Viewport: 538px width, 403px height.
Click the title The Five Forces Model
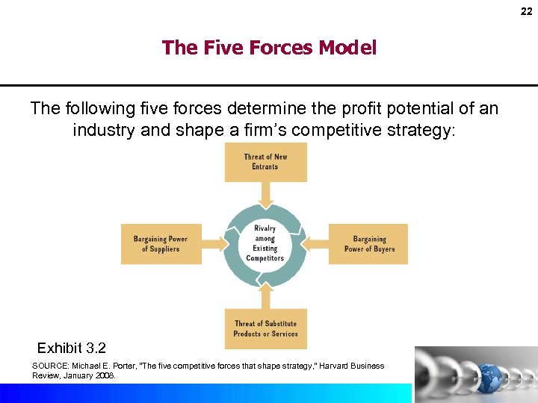click(x=269, y=48)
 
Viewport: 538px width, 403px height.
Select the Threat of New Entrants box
click(x=265, y=162)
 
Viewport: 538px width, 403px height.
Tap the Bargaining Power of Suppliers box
click(x=161, y=244)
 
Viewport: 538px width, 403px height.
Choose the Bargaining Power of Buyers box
click(x=369, y=244)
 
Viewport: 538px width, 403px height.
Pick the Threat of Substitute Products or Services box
click(x=265, y=329)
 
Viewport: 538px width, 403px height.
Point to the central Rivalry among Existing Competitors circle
click(x=265, y=243)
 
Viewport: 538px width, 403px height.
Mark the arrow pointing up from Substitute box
click(x=265, y=296)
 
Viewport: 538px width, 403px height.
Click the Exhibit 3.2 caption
click(x=72, y=348)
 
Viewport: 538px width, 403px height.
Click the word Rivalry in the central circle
click(x=265, y=228)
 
